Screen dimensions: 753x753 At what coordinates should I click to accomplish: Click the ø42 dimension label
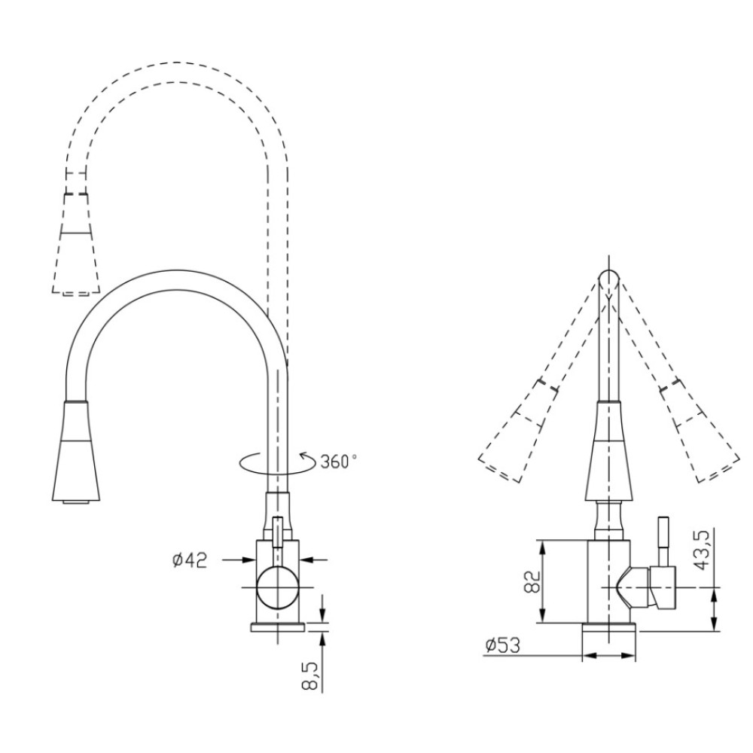190,560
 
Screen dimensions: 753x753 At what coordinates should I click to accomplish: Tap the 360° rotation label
339,462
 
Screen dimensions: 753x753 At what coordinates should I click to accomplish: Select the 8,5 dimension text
311,675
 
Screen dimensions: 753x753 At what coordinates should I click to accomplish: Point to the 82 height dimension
532,581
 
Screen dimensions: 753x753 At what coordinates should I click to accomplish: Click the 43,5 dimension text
703,550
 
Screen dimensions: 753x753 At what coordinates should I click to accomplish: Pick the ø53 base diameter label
502,645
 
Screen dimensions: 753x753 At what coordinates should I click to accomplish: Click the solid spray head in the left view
76,450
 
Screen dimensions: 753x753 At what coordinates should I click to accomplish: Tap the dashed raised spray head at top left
76,243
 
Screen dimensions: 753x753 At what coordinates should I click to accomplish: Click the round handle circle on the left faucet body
278,587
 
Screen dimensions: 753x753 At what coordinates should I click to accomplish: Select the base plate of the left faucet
278,627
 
